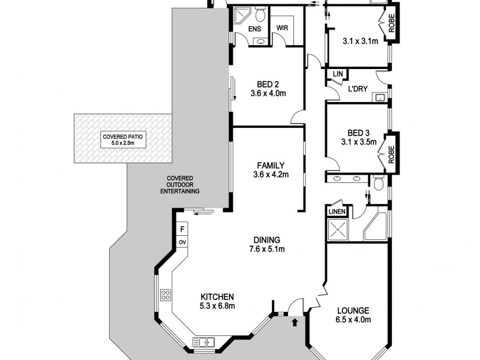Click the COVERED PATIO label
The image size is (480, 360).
coord(122,136)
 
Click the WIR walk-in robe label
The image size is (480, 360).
coord(283,28)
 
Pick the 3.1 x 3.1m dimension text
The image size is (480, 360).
coord(360,41)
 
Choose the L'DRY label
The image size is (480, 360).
coord(358,90)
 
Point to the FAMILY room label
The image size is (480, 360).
coord(271,166)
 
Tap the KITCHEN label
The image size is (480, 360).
coord(217,297)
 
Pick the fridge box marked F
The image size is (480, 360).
coord(182,229)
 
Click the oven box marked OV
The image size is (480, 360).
coord(182,242)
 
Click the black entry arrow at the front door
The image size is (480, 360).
coord(294,323)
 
